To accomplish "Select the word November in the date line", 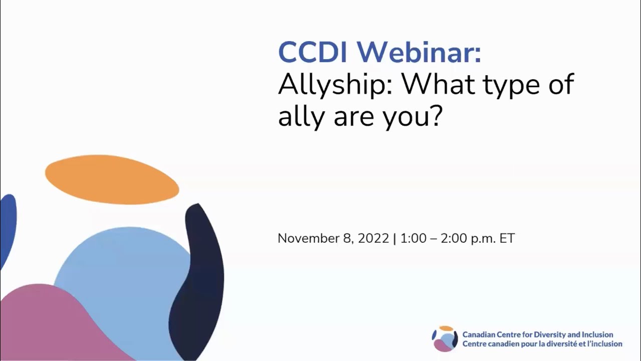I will pos(308,238).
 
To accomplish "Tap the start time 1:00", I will pos(413,238).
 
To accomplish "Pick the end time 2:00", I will pos(454,238).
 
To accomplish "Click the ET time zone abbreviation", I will pos(507,238).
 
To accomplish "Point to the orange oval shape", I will pos(112,179).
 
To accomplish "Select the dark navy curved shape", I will pos(200,281).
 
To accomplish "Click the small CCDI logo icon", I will pos(445,339).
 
